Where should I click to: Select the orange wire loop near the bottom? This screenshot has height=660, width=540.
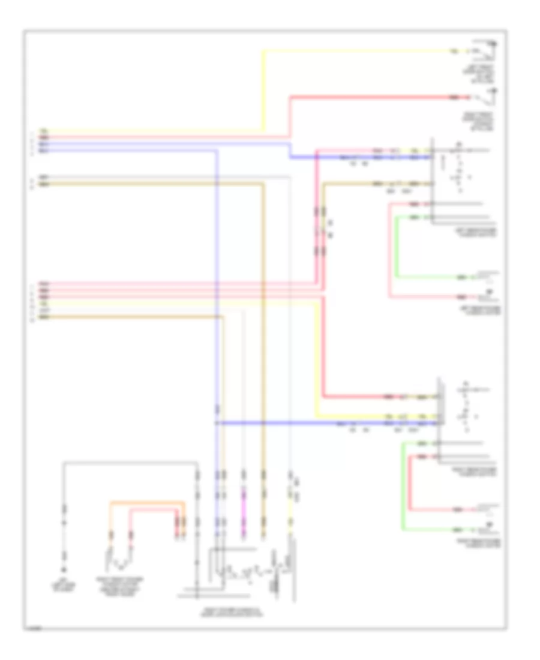pyautogui.click(x=147, y=502)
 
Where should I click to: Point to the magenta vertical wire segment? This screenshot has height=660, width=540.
pyautogui.click(x=244, y=498)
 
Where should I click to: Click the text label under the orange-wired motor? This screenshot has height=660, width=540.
pyautogui.click(x=121, y=585)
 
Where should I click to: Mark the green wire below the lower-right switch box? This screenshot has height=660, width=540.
pyautogui.click(x=403, y=486)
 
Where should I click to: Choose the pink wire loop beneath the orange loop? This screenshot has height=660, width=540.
pyautogui.click(x=154, y=510)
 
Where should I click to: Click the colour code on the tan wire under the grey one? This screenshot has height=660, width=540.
pyautogui.click(x=43, y=185)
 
